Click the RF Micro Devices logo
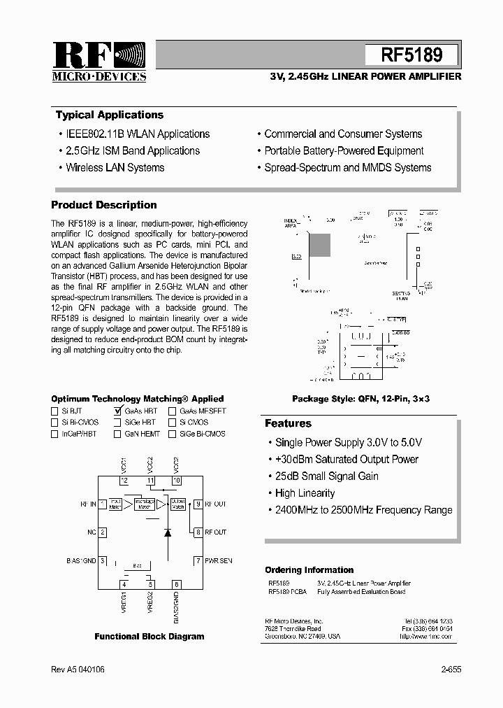(x=99, y=62)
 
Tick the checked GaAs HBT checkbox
(x=117, y=411)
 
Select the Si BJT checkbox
(x=55, y=411)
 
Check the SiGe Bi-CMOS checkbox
(x=172, y=434)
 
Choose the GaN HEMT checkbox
(x=117, y=434)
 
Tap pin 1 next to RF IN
(x=102, y=504)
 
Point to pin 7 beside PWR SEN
(x=198, y=560)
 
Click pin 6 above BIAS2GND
(x=176, y=584)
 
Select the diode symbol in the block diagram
(x=168, y=532)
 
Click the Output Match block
(x=178, y=504)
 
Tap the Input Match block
(x=115, y=504)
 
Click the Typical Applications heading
(x=110, y=115)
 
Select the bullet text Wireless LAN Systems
(x=115, y=168)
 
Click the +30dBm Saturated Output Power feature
(x=347, y=460)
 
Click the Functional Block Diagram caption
(x=150, y=637)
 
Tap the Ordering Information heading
(x=309, y=570)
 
